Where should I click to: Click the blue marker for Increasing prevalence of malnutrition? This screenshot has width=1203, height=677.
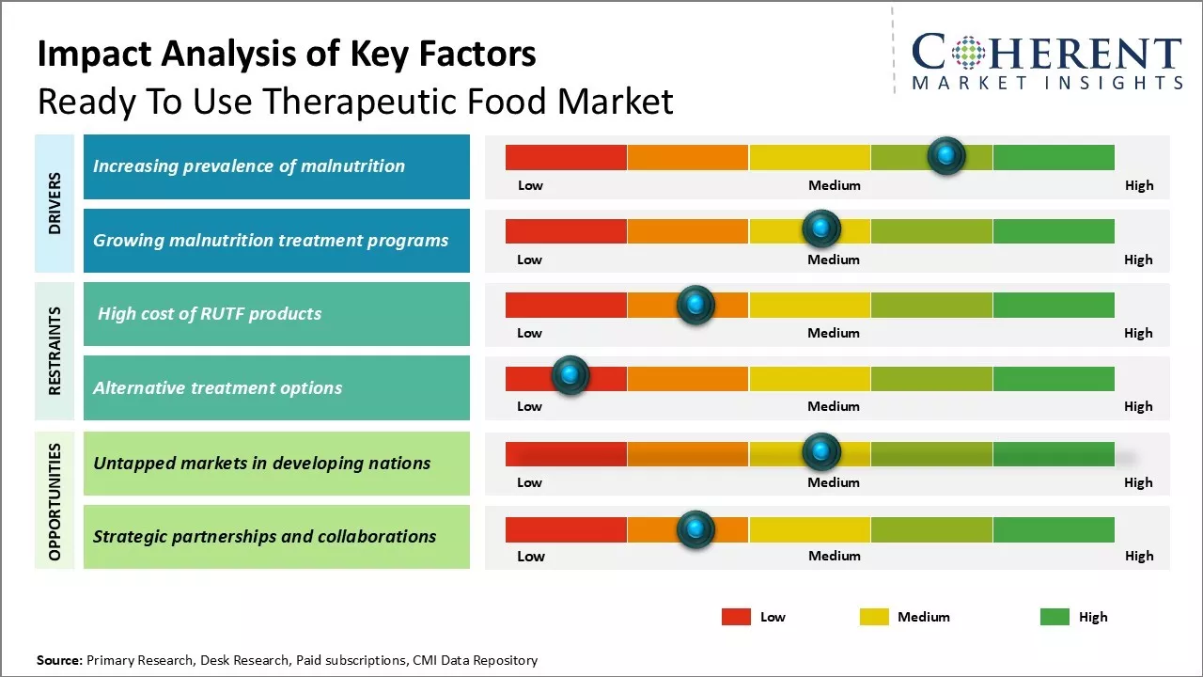[x=946, y=155]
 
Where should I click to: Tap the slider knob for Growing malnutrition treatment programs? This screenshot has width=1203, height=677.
[x=821, y=228]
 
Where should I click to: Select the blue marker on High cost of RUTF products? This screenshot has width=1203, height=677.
[x=695, y=305]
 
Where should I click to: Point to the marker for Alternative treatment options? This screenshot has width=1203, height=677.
[x=570, y=376]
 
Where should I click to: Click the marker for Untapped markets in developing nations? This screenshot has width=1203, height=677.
[x=821, y=452]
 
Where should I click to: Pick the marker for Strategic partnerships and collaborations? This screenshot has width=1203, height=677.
[x=695, y=529]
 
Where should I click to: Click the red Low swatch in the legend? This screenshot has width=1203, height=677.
[x=736, y=617]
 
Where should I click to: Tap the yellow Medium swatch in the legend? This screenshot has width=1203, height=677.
[x=874, y=617]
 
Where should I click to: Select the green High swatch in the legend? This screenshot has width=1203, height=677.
[x=1055, y=617]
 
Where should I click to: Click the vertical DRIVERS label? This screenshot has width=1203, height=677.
[x=55, y=203]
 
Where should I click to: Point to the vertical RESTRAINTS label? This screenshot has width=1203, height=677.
[x=55, y=351]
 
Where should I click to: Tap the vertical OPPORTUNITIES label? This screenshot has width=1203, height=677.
[x=55, y=501]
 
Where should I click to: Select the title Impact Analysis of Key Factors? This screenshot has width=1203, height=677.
[x=287, y=55]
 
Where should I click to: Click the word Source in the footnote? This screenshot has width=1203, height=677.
[x=58, y=660]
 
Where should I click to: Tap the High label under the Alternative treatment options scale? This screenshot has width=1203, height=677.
[x=1138, y=406]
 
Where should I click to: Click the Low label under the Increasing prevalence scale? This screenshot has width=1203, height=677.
[x=530, y=185]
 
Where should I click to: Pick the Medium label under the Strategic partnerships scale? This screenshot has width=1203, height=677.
[x=835, y=556]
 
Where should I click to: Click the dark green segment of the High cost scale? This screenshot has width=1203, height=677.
[x=1053, y=305]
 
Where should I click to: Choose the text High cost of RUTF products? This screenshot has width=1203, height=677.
[x=210, y=314]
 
